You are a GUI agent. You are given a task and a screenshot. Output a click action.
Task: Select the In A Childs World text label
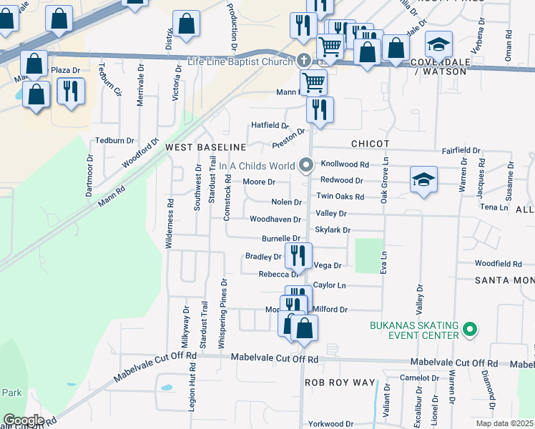pos(257,166)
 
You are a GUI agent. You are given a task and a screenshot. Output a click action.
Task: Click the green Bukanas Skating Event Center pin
pos(469,330)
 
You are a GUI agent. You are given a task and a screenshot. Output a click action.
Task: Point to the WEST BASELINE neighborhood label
pos(205,147)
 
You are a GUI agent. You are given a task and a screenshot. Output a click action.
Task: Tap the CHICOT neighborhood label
pos(368,144)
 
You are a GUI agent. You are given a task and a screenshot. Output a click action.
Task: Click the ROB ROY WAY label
pos(340,383)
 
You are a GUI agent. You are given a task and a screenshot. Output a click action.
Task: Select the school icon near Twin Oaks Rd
pos(423,179)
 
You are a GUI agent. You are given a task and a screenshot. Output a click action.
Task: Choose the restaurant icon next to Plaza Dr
pos(71,92)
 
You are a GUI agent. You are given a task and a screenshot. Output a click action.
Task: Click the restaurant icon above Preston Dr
pos(320,109)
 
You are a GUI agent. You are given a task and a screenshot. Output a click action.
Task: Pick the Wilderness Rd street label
pos(170,222)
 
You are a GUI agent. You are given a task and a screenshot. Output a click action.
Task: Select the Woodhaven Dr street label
pos(275,219)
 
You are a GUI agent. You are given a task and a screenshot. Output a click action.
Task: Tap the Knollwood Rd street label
pos(345,163)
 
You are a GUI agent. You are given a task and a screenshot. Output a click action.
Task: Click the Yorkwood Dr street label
pos(331,423)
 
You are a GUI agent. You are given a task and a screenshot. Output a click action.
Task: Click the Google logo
pos(23,420)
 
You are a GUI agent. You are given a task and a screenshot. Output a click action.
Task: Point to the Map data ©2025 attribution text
pos(504,423)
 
